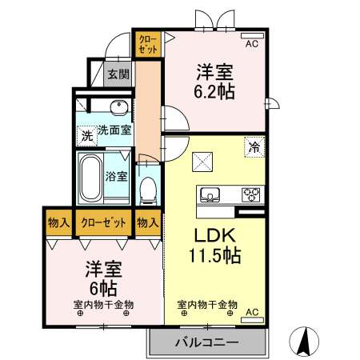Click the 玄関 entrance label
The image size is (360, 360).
click(x=118, y=74)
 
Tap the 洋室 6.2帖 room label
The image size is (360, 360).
click(x=214, y=82)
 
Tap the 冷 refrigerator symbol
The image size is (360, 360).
click(x=254, y=147)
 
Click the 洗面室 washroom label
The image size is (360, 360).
click(x=114, y=130)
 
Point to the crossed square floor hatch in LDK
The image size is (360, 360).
click(x=201, y=162)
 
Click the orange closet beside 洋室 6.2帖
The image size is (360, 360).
click(x=149, y=43)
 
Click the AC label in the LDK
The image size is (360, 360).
click(x=252, y=311)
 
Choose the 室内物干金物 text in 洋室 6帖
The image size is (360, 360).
click(x=103, y=305)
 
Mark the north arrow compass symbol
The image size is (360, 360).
click(x=305, y=342)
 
